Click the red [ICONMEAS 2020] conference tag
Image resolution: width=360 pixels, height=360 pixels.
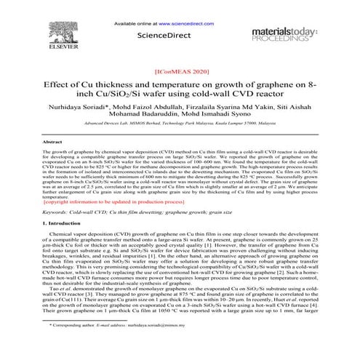click(180, 73)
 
